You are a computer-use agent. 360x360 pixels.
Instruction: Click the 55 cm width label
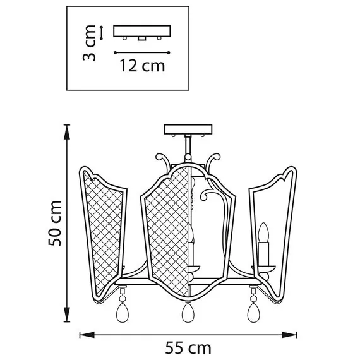[188, 347]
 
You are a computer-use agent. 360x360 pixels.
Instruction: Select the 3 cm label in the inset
[90, 43]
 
